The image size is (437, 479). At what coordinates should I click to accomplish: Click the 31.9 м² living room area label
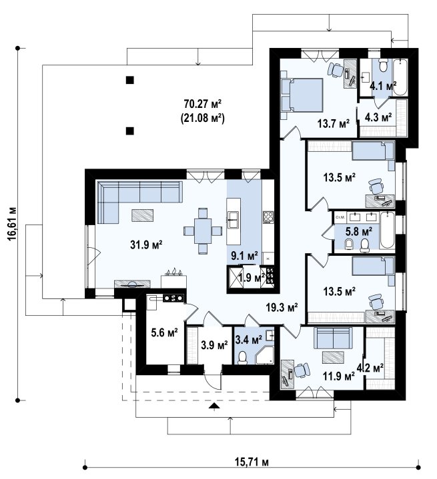point(146,244)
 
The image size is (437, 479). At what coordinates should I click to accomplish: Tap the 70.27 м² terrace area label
point(203,104)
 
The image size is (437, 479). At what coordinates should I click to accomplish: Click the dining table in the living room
point(203,231)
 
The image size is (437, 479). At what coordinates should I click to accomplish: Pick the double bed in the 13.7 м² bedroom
point(302,95)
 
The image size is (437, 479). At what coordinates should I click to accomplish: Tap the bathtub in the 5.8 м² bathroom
point(387,231)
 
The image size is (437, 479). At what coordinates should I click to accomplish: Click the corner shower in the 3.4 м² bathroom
point(265,355)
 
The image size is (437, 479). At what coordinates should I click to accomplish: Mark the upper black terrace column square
point(130,80)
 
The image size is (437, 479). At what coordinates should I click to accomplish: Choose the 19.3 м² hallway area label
point(282,308)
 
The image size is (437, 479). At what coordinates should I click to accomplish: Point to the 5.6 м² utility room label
point(165,332)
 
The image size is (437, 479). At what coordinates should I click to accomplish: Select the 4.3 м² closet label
point(378,117)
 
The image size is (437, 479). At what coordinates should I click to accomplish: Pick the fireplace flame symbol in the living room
point(174,272)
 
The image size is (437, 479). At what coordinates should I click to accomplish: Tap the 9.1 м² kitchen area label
point(244,255)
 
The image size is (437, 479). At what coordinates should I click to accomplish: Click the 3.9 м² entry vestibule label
point(214,345)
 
